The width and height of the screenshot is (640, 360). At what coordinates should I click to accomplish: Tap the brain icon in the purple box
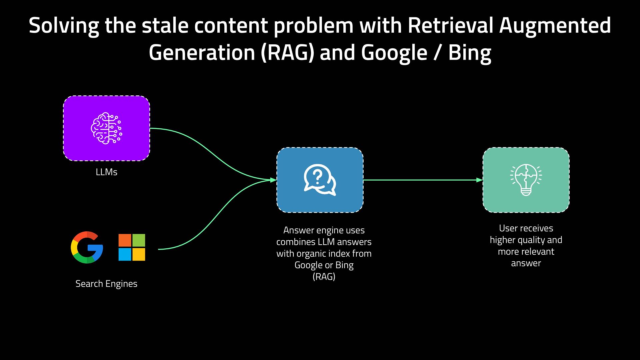click(106, 128)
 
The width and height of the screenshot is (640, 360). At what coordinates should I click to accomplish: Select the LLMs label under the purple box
click(106, 172)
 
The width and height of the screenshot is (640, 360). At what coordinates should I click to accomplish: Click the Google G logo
click(87, 247)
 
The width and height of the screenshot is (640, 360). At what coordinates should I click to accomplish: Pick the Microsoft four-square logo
click(132, 247)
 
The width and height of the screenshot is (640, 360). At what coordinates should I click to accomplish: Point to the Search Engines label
click(106, 284)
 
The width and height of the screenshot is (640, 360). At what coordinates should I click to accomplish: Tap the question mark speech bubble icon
click(319, 180)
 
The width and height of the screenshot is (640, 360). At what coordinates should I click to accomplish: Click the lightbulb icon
click(526, 180)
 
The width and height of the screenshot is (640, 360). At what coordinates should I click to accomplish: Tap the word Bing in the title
click(469, 53)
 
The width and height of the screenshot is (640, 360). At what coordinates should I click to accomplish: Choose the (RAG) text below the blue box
click(324, 277)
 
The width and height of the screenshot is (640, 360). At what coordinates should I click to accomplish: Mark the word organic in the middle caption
click(312, 254)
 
